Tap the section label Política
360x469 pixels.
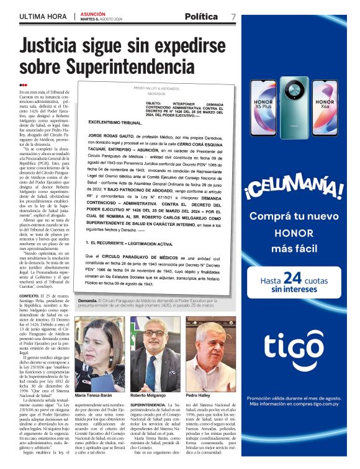tap(201, 16)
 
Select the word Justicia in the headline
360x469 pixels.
tap(52, 47)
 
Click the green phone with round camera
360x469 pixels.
tap(294, 107)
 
